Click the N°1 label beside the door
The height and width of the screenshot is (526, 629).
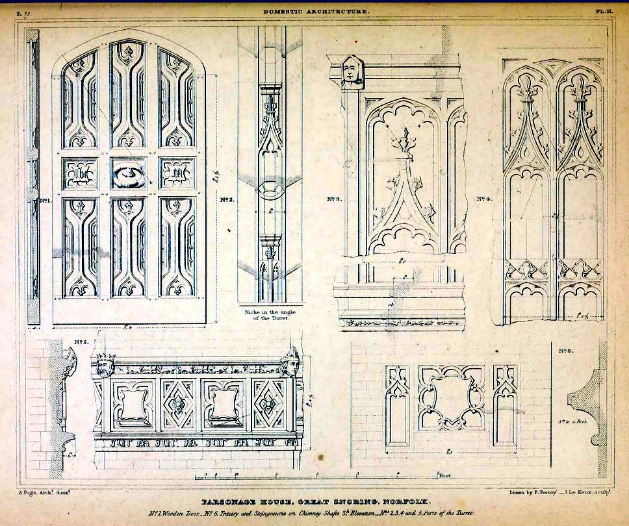pyautogui.click(x=45, y=201)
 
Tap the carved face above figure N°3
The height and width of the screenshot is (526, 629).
pyautogui.click(x=352, y=71)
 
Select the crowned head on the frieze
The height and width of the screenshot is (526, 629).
pyautogui.click(x=103, y=366)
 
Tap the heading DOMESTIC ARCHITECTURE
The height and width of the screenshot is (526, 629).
pyautogui.click(x=316, y=12)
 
